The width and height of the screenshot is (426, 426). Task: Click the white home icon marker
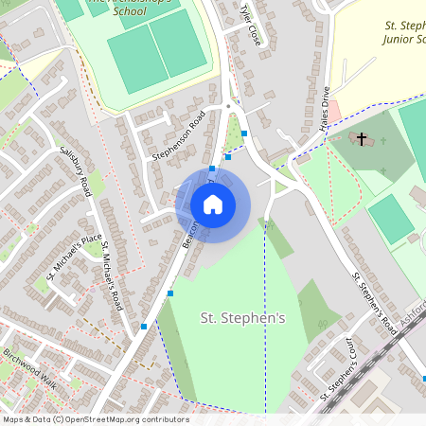click(213, 204)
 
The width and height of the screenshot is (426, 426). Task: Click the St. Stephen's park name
click(241, 319)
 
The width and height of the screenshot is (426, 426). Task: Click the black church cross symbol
click(361, 139)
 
